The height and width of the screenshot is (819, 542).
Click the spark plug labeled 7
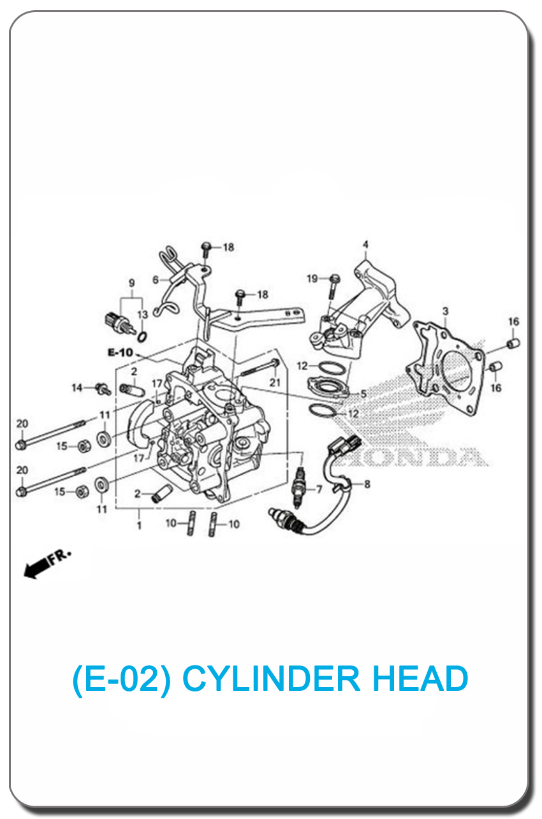coord(299,488)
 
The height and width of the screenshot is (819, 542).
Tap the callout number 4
coord(365,244)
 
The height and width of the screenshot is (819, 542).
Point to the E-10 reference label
coord(121,352)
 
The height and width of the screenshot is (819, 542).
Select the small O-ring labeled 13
coord(142,337)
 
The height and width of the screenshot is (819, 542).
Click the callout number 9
coord(131,282)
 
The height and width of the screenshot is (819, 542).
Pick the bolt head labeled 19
coord(335,279)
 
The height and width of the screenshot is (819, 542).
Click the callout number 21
coord(275,382)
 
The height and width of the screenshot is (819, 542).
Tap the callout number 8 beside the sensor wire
coord(367,484)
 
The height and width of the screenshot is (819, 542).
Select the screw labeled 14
coord(103,389)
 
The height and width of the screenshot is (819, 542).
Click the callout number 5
coord(363,394)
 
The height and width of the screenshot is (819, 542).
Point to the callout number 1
coord(139,525)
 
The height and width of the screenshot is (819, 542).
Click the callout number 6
coord(156,280)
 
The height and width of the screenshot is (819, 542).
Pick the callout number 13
coord(142,314)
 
